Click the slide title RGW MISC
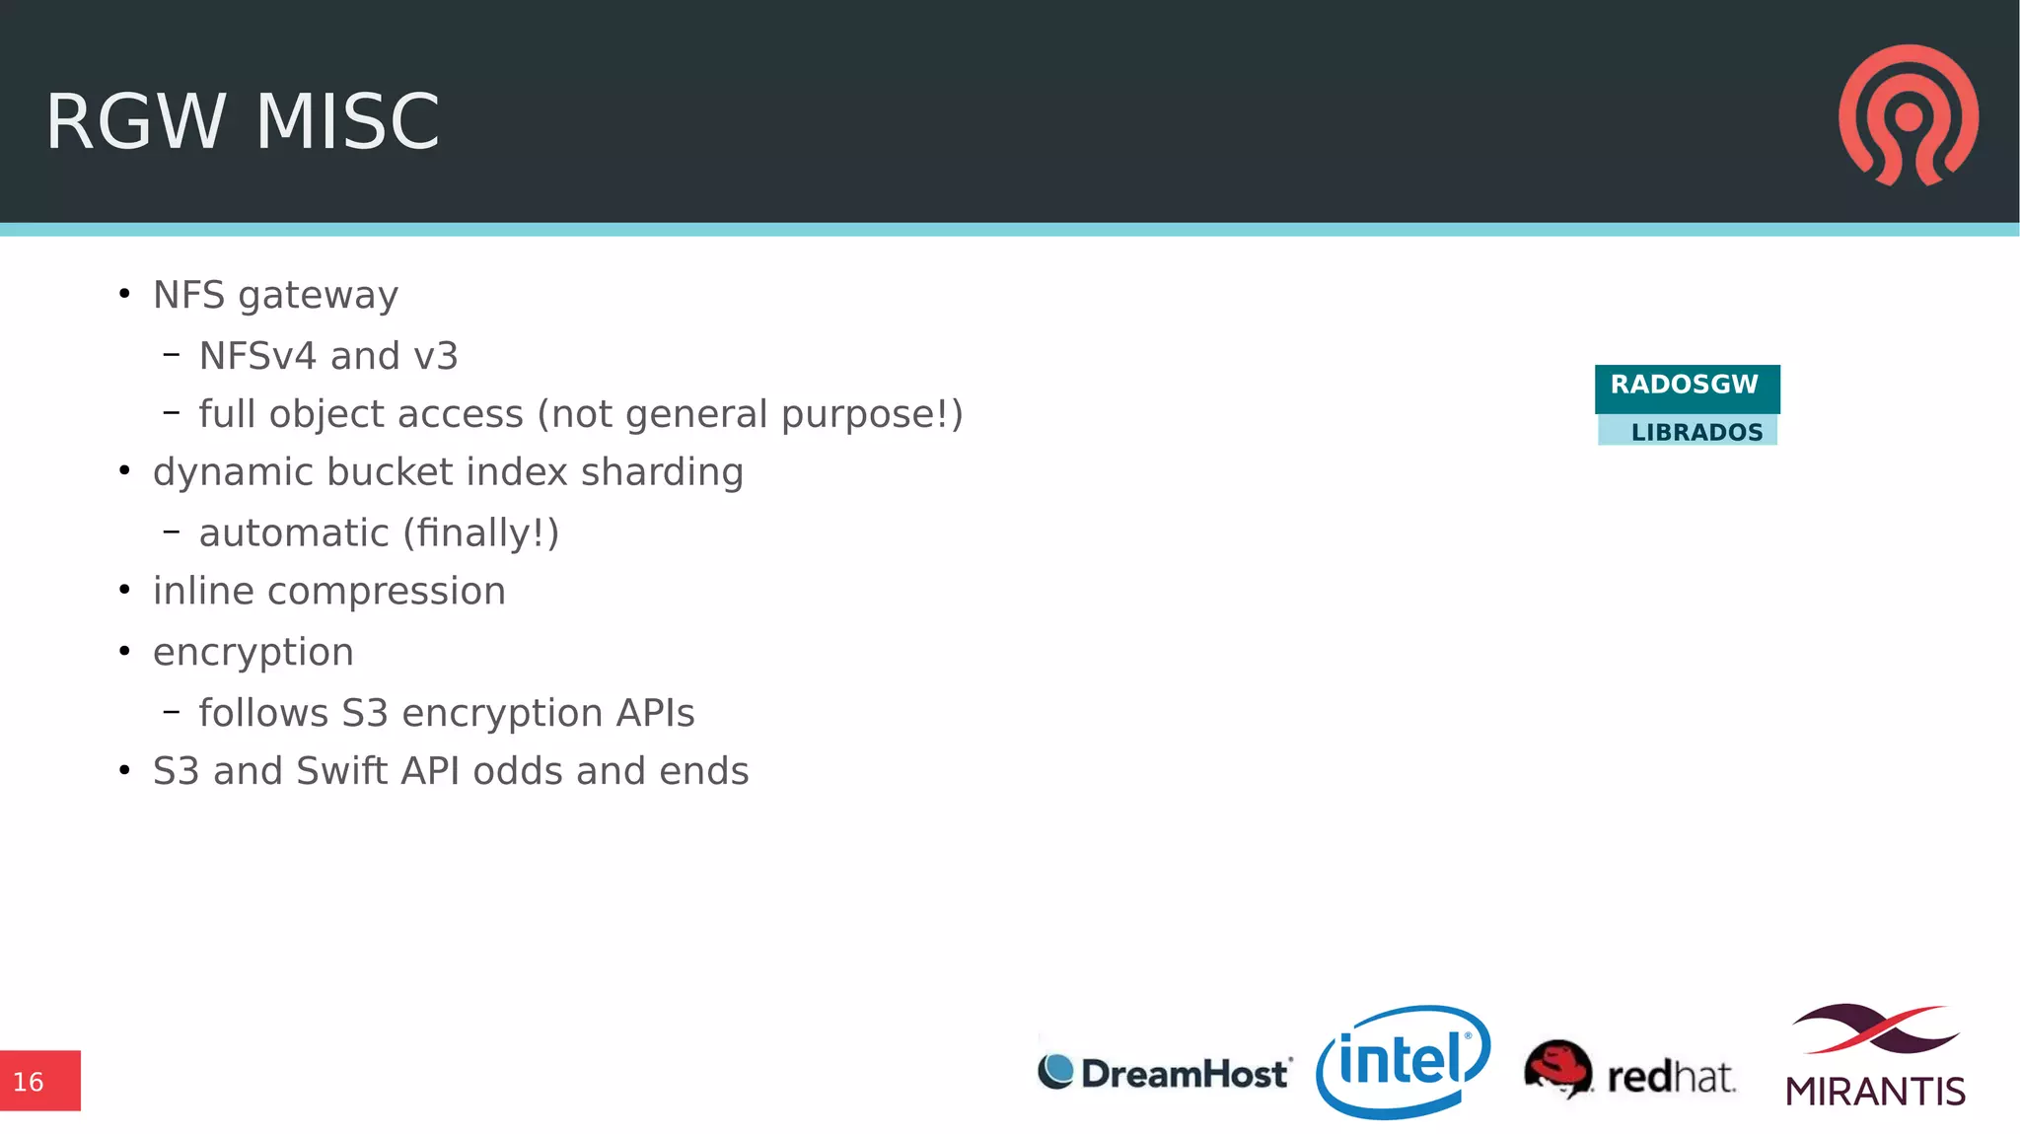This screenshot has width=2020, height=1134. click(243, 121)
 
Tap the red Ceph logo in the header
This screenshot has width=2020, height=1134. click(1909, 114)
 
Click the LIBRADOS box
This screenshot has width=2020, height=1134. click(1688, 431)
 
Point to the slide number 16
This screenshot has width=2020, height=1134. click(30, 1082)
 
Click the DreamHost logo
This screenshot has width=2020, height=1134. click(1164, 1072)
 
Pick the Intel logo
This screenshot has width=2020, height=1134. click(1403, 1062)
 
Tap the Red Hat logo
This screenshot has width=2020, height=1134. click(1629, 1071)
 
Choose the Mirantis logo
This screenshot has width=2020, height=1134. click(1875, 1056)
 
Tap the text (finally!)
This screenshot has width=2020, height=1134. click(481, 533)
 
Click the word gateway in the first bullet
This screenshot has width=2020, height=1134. click(318, 296)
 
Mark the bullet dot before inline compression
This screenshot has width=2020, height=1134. click(124, 591)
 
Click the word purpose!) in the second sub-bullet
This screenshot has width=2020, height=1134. click(872, 415)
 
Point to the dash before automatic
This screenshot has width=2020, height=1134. click(172, 532)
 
